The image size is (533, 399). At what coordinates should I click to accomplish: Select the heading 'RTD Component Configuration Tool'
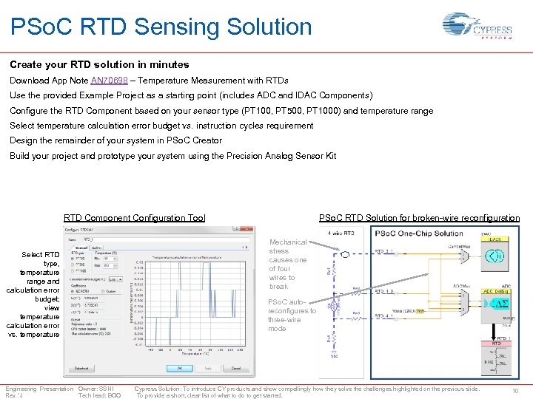coord(134,218)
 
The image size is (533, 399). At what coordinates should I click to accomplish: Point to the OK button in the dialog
coord(179,367)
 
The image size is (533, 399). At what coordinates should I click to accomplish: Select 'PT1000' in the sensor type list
coord(81,270)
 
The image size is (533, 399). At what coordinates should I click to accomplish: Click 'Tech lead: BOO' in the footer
coord(99,395)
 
